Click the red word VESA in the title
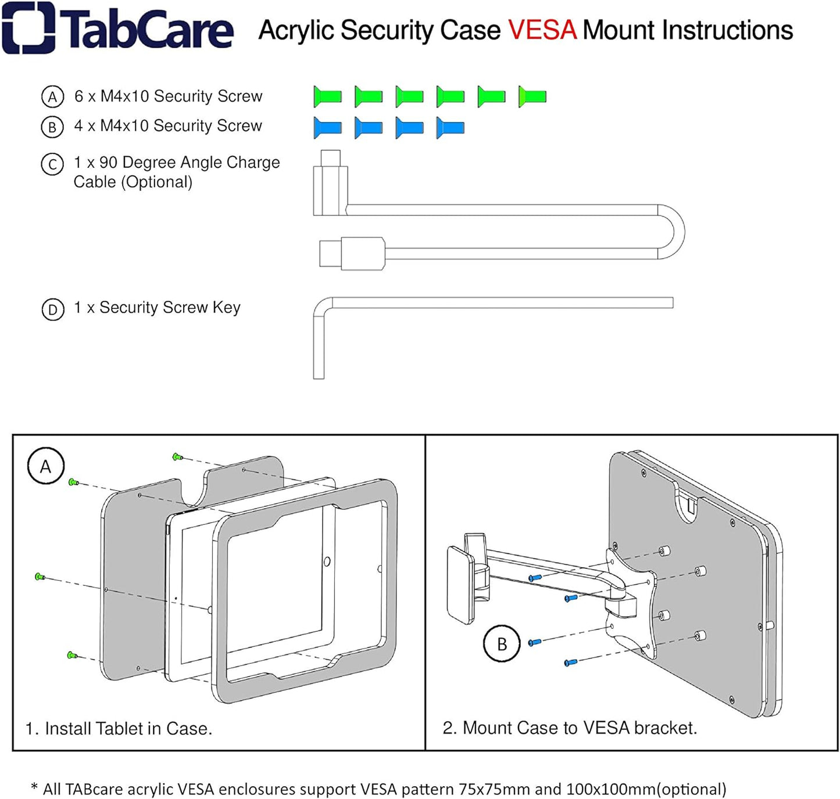542,30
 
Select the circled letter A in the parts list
52,97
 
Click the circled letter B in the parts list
52,127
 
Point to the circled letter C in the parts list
52,164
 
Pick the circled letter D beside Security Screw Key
53,309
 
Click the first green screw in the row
327,96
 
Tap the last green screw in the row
532,96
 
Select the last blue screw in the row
450,127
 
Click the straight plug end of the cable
352,254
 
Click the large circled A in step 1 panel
46,466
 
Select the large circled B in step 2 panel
502,643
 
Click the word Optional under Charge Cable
156,182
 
